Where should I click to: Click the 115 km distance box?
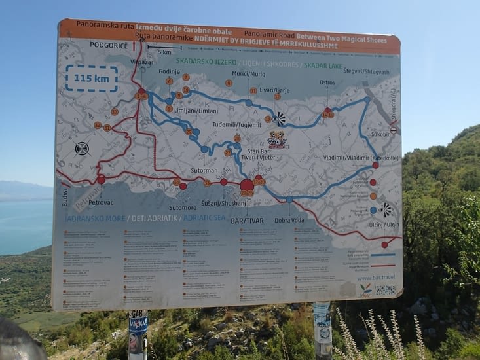click(91, 78)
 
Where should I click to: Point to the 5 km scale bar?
click(164, 49)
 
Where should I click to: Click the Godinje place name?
click(168, 71)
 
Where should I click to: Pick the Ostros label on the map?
click(327, 82)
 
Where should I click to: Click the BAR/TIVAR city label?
click(247, 221)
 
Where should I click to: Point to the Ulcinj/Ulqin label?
click(383, 225)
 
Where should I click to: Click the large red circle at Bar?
click(247, 185)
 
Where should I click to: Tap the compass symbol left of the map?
click(82, 149)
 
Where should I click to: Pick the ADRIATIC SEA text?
click(204, 217)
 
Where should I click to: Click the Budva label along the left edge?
click(65, 198)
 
